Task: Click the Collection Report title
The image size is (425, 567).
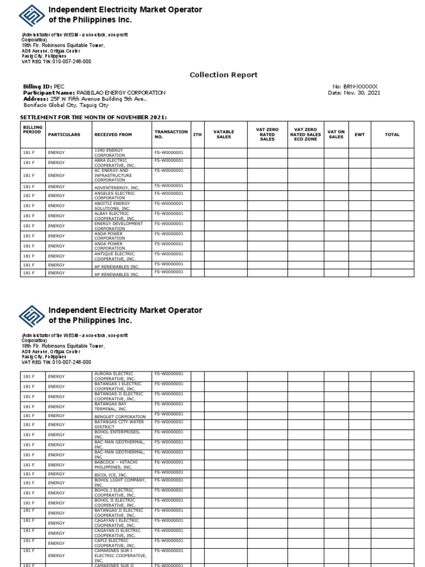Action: pos(224,75)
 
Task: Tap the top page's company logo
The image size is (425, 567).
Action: pos(33,15)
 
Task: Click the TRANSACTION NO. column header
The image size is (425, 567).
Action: pos(170,135)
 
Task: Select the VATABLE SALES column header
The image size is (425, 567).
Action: pos(224,135)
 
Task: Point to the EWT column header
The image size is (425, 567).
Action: pos(360,135)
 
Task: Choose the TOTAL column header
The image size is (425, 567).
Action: pos(392,135)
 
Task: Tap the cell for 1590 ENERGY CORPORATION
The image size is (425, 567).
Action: pos(121,153)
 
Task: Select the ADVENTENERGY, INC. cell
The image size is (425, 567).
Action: pos(121,187)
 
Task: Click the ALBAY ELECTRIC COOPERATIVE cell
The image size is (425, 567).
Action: pos(121,216)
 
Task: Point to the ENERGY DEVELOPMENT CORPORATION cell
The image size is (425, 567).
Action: pos(121,226)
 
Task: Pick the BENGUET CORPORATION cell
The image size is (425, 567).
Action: pos(121,416)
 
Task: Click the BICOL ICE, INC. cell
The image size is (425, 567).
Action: pos(121,475)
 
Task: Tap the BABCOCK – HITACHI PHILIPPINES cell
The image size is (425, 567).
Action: pos(121,464)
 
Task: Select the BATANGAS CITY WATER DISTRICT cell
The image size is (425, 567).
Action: pos(121,425)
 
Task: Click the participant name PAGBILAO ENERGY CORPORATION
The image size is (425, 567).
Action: pos(121,93)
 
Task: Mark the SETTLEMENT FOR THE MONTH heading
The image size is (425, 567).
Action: pos(94,117)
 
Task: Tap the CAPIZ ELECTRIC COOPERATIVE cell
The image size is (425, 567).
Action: pos(121,542)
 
